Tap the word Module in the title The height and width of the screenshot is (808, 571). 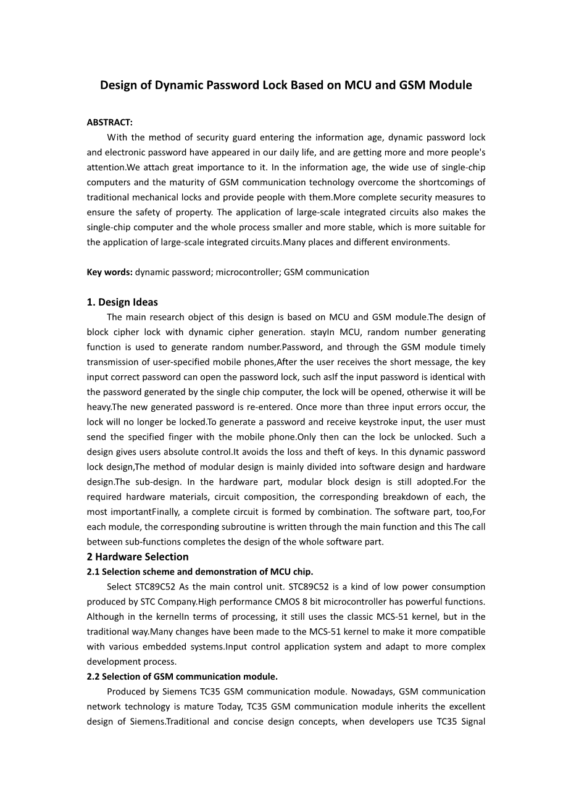[x=450, y=85]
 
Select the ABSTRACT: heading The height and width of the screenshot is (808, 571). [x=109, y=123]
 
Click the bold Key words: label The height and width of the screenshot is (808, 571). [x=109, y=272]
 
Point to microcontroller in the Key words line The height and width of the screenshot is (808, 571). [x=248, y=272]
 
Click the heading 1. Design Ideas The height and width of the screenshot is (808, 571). [x=122, y=302]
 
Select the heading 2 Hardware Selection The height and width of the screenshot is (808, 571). [x=138, y=557]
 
